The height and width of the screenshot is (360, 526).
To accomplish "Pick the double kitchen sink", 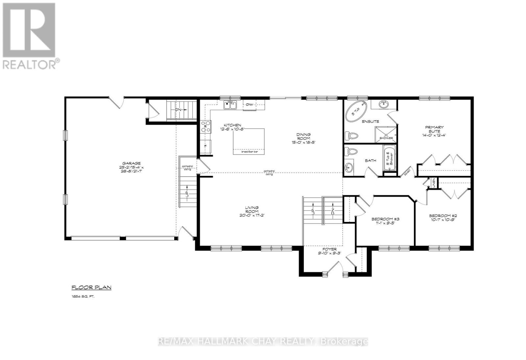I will [x=230, y=105].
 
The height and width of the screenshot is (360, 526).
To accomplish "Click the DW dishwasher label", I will [x=249, y=105].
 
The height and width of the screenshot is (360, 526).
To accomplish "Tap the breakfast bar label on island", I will [x=249, y=152].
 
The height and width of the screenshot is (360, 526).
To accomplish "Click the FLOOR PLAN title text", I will [x=91, y=288].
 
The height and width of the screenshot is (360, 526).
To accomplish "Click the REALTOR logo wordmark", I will [x=31, y=64].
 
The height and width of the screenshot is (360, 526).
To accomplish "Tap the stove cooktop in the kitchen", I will [x=206, y=127].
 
